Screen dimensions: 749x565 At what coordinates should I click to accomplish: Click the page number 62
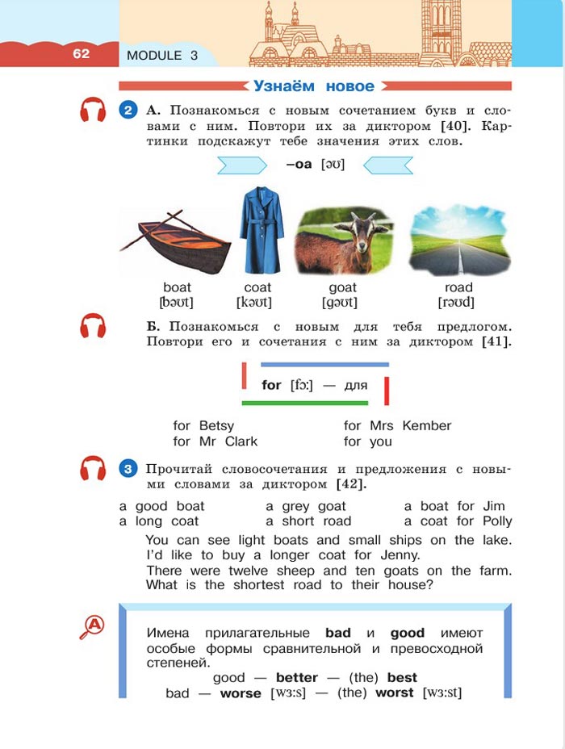(x=81, y=54)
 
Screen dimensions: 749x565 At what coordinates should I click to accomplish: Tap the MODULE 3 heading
(x=162, y=56)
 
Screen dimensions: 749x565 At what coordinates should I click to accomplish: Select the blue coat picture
(x=260, y=231)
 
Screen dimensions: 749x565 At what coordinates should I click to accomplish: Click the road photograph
(x=458, y=241)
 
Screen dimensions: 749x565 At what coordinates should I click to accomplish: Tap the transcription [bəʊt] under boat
(x=177, y=303)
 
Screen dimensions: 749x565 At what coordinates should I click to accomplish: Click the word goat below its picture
(x=343, y=287)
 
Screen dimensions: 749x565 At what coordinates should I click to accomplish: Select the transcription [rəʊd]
(x=457, y=303)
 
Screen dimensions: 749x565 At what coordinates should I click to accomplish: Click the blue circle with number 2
(x=128, y=111)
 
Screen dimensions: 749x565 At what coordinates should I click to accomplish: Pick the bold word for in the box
(x=271, y=385)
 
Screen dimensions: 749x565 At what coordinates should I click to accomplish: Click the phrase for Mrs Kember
(x=397, y=425)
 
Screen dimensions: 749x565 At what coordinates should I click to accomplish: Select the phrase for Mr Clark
(x=216, y=441)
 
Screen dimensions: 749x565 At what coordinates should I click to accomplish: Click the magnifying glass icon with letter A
(x=93, y=626)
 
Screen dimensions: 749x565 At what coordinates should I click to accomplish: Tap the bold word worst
(x=395, y=693)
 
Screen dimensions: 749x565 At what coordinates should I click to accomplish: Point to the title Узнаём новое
(x=315, y=86)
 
